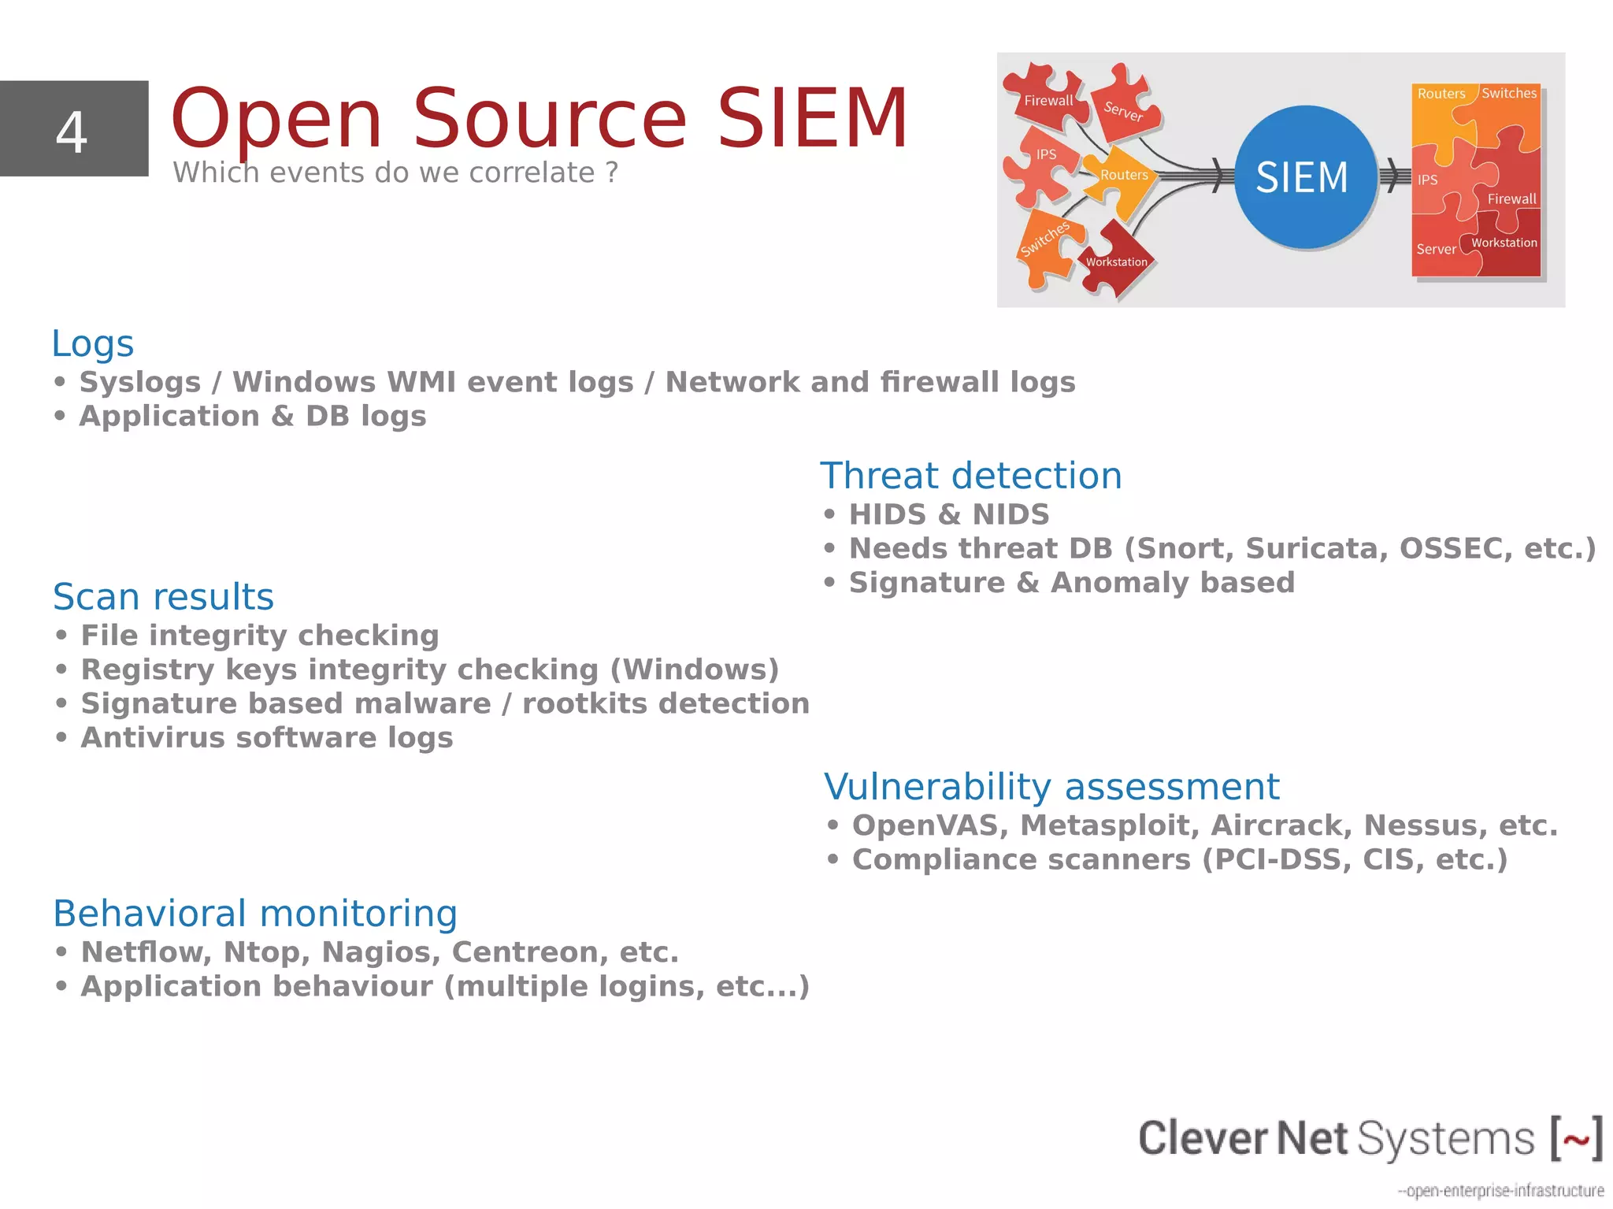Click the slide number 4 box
73,128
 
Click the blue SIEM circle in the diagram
1303,177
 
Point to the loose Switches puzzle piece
1046,243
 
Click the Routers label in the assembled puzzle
1441,94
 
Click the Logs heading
93,343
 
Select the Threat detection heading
970,476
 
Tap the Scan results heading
163,597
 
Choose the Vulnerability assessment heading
1051,787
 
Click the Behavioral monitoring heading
254,914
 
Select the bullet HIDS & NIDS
948,515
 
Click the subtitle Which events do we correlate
395,172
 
